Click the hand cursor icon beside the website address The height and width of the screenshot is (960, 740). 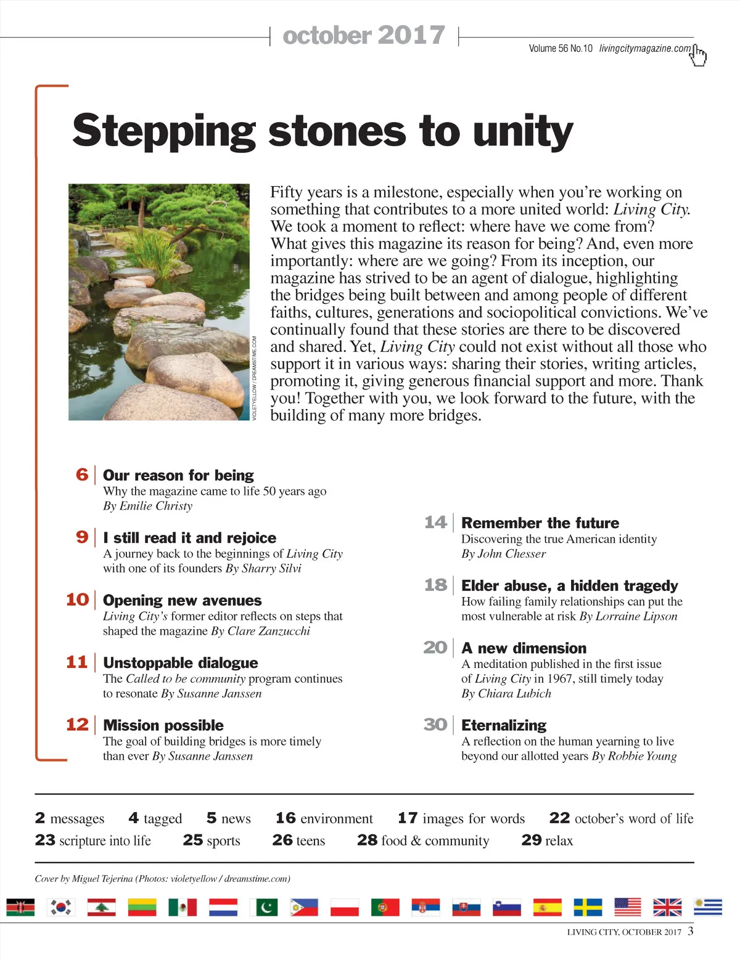[x=699, y=55]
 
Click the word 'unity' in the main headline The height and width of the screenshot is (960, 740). [x=523, y=131]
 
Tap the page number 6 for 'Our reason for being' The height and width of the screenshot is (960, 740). [x=82, y=474]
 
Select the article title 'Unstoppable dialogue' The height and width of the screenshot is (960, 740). [x=181, y=663]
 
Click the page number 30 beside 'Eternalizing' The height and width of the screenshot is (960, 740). [x=435, y=725]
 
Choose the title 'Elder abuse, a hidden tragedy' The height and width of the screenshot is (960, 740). [x=570, y=585]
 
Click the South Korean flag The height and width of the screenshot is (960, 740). [x=61, y=907]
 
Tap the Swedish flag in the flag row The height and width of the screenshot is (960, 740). [x=588, y=907]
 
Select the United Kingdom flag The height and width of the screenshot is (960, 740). [x=667, y=907]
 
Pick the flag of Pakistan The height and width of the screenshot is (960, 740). [x=264, y=907]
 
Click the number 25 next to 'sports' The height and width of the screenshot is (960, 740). [x=193, y=840]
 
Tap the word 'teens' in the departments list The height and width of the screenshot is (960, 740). [x=311, y=840]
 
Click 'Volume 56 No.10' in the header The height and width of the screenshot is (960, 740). [x=560, y=49]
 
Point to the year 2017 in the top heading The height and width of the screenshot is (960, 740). [x=411, y=35]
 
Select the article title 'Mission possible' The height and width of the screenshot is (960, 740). [x=163, y=725]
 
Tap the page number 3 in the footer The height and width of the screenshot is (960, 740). [x=691, y=930]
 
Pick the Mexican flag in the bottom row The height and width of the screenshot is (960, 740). [x=183, y=907]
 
